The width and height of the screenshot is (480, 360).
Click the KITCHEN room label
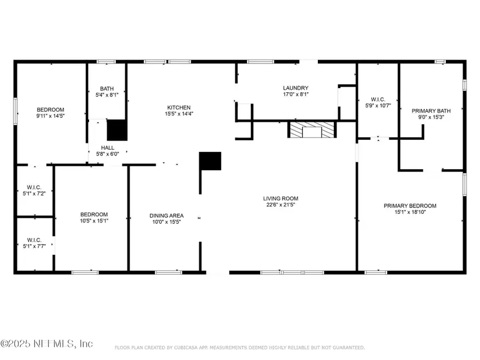point(178,107)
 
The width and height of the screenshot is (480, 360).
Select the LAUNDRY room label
point(295,88)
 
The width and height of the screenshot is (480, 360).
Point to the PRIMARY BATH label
point(431,111)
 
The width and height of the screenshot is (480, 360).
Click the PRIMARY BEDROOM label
point(410,206)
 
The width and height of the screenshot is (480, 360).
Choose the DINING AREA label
point(166,215)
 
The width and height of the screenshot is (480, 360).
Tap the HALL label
point(107,148)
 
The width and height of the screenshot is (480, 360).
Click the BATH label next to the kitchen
point(107,89)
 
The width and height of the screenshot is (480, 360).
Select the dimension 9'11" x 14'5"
point(50,115)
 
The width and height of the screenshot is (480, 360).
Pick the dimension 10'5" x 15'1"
point(94,221)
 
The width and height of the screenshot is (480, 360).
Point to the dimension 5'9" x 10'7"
point(378,106)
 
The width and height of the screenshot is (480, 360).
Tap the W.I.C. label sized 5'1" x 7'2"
point(35,187)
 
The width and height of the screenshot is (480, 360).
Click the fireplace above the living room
point(312,130)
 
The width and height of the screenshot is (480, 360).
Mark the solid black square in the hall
point(117,130)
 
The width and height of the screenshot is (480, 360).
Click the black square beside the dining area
point(210,161)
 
